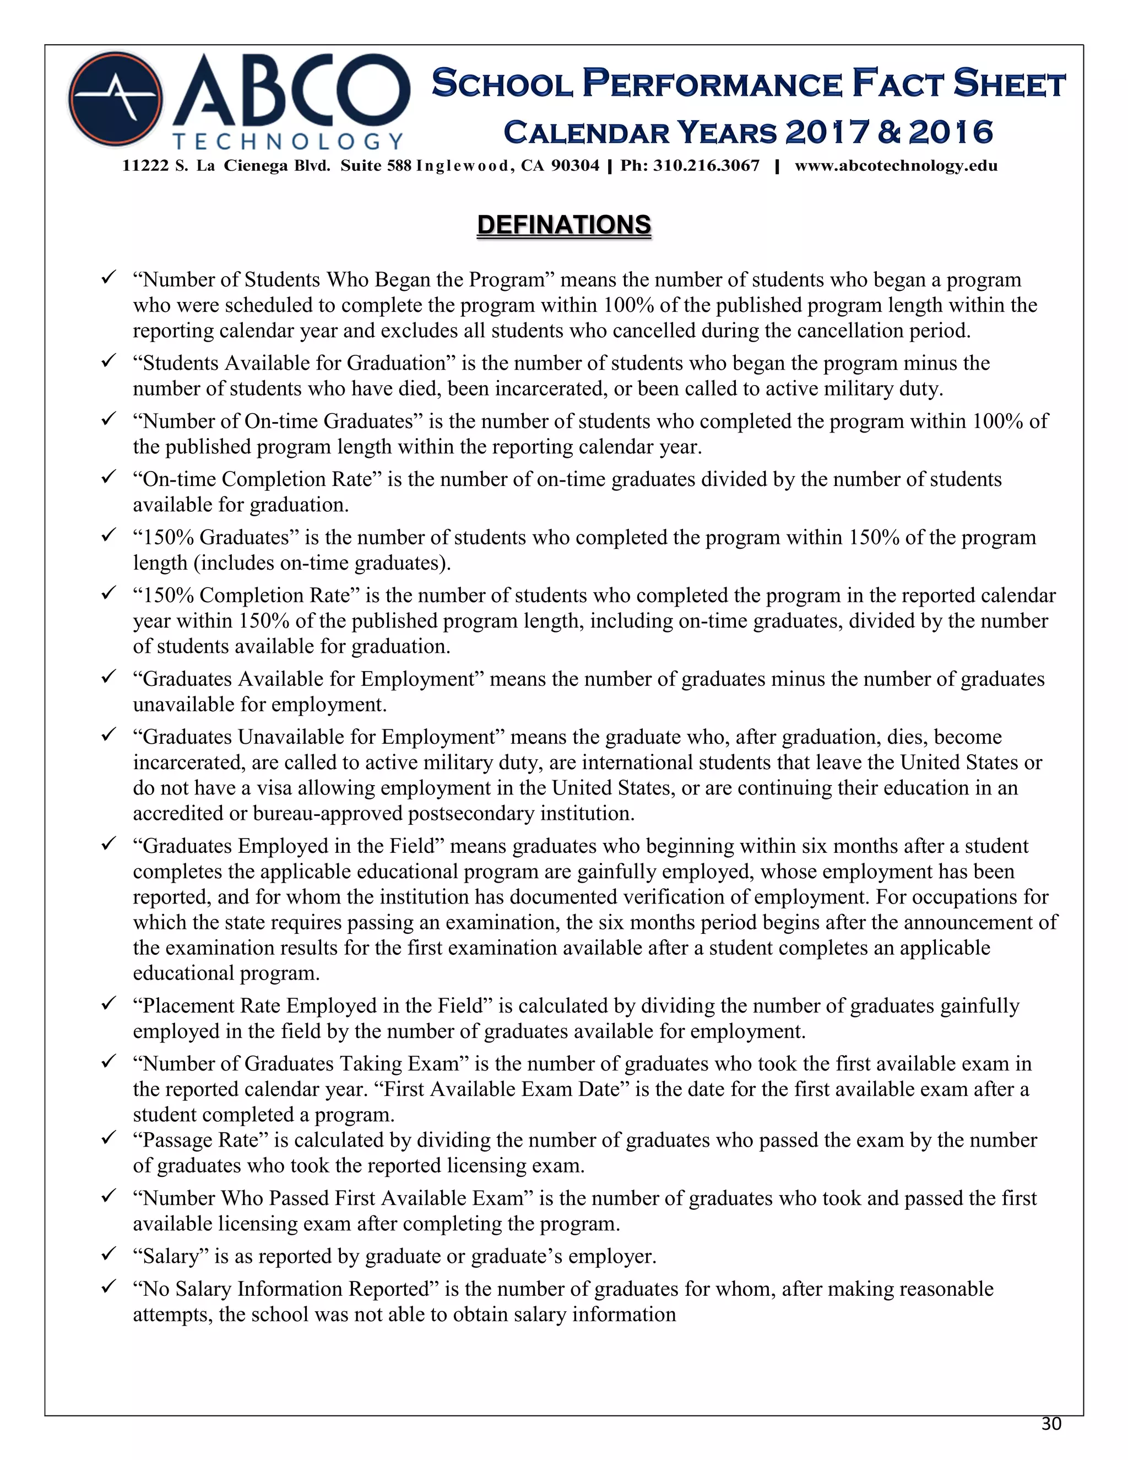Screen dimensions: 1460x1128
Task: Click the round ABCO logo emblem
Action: pos(115,99)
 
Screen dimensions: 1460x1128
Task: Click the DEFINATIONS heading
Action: pos(563,225)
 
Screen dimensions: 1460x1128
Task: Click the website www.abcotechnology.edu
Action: pos(896,166)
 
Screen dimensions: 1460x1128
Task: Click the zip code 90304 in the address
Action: pos(576,166)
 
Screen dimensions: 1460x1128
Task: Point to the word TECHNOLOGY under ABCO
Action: pos(288,141)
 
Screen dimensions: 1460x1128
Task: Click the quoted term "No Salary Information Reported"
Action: pos(285,1289)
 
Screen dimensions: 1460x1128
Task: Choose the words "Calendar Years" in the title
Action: pos(640,132)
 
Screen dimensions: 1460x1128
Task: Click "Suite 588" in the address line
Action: pos(376,166)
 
